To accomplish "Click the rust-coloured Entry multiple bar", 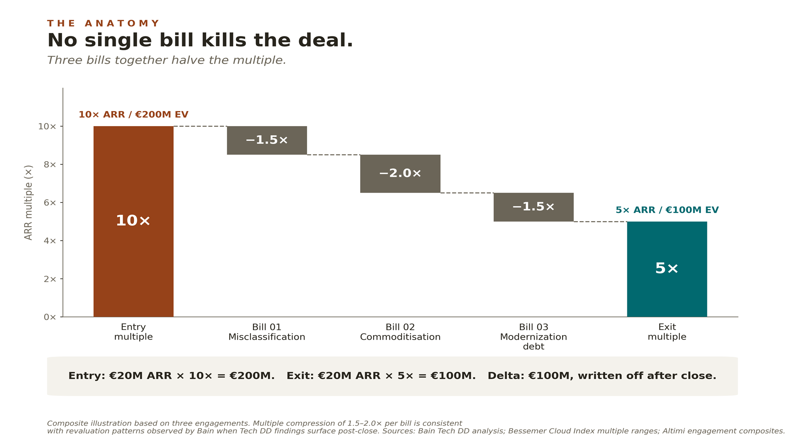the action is (134, 221).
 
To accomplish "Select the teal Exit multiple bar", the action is (667, 269).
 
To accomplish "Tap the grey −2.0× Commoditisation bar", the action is (400, 173).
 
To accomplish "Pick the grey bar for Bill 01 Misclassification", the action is (267, 140).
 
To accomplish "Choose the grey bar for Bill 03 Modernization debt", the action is (533, 207).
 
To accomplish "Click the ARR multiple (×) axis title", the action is (28, 202).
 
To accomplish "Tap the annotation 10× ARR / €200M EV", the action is (134, 115).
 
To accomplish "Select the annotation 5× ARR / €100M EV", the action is (667, 210).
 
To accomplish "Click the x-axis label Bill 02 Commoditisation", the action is (400, 332).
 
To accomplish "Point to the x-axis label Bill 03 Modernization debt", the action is (533, 337).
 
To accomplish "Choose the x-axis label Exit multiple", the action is (667, 332).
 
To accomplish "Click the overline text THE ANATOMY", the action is (103, 23).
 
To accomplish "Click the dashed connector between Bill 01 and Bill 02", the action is (334, 155).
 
